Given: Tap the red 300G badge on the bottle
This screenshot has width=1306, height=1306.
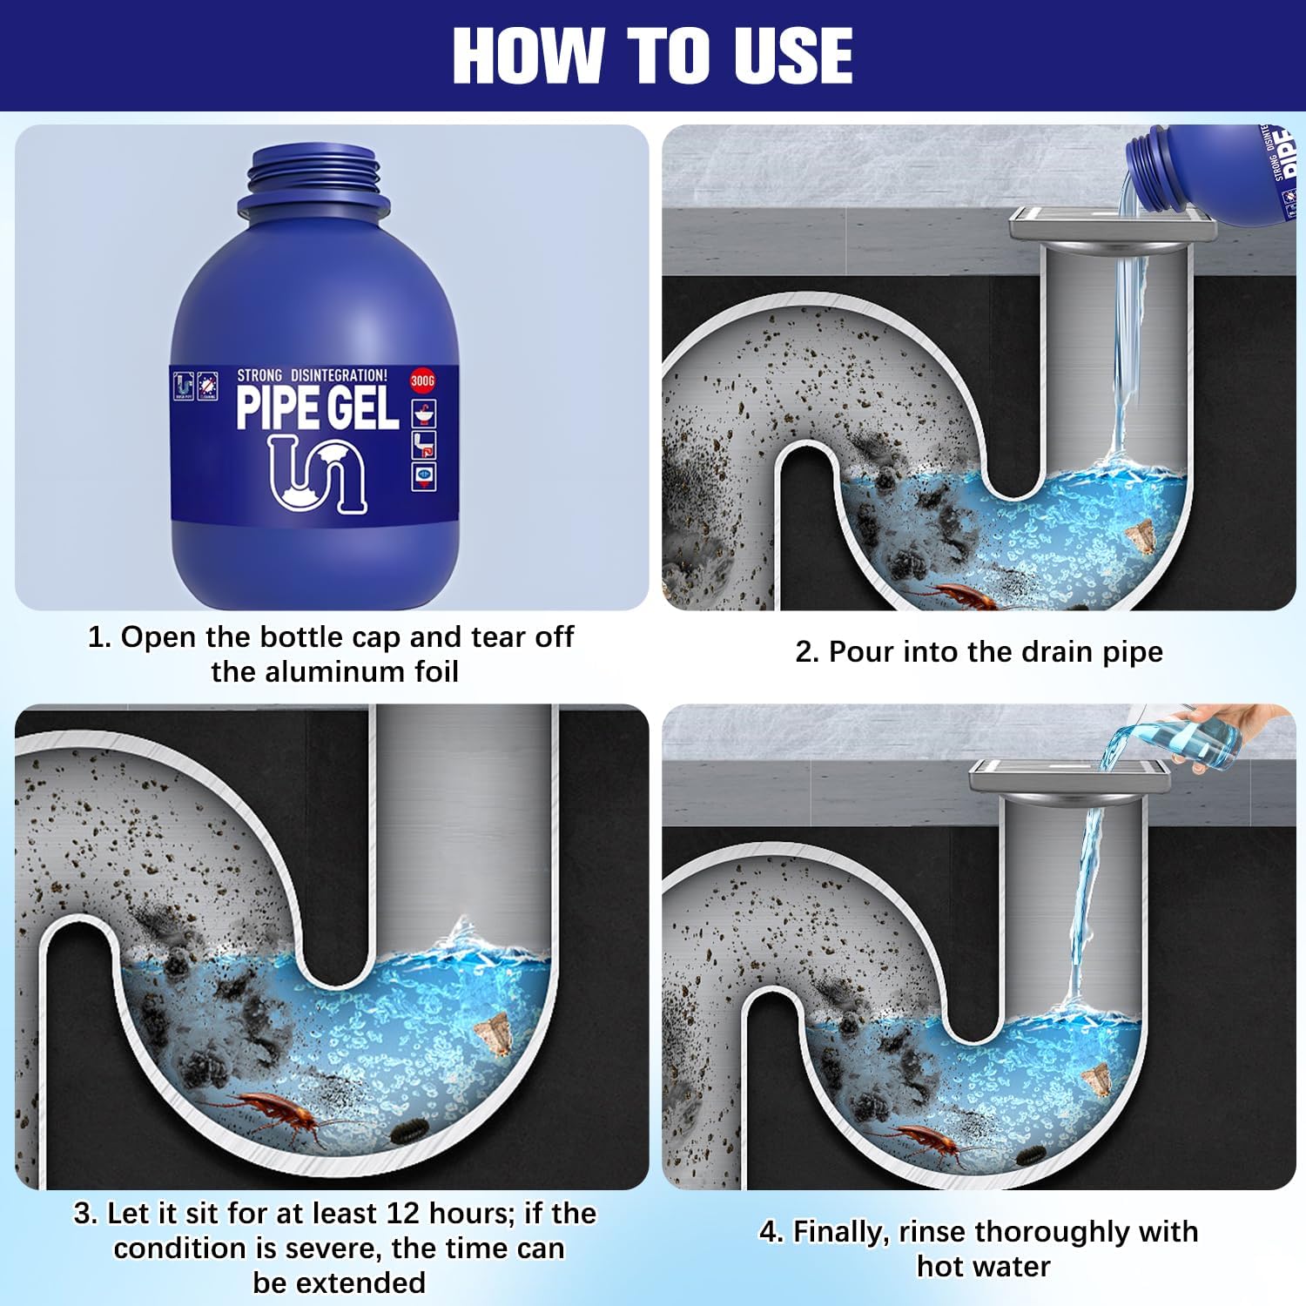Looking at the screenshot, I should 422,381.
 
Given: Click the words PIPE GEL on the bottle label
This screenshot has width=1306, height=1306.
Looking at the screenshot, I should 317,408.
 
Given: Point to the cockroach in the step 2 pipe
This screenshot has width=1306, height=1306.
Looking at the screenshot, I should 958,596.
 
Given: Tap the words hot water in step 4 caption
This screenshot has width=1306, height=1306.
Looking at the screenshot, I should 984,1266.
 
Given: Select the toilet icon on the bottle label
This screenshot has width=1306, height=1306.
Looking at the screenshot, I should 423,445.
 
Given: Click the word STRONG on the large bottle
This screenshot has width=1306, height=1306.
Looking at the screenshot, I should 259,375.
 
